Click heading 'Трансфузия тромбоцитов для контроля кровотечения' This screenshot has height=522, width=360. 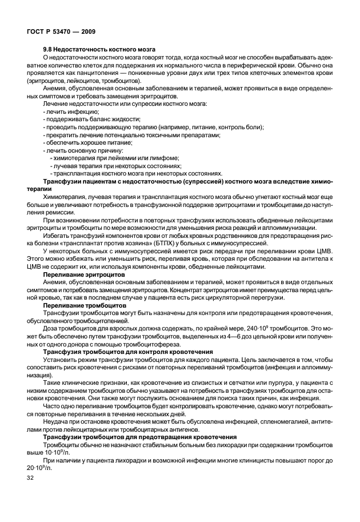125,352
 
